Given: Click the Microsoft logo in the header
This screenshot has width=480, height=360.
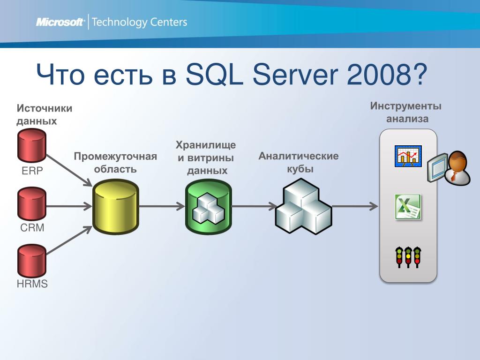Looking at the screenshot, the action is tap(60, 22).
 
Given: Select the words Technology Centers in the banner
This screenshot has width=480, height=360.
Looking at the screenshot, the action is tap(139, 22).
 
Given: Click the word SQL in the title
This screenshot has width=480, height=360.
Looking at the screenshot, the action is tap(214, 75).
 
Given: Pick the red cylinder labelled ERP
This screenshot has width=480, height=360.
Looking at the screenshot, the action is tap(32, 145).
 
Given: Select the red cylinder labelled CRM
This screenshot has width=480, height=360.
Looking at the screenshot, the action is tap(32, 203).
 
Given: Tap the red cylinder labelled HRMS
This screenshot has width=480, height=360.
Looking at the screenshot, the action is tap(32, 261).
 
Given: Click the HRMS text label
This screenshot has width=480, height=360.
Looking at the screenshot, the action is tap(32, 284).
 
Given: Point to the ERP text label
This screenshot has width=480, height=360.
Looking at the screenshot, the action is tap(32, 171).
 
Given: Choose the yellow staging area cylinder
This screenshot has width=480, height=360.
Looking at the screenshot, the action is tap(116, 207).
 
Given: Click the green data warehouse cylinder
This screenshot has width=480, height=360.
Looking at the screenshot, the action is tap(209, 207).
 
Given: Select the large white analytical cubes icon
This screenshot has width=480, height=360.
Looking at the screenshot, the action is tap(303, 206).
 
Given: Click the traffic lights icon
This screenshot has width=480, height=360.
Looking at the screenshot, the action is tap(408, 257).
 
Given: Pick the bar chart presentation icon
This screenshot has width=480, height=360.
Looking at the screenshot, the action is tap(408, 156).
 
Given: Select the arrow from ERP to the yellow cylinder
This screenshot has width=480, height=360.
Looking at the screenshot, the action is tap(69, 170).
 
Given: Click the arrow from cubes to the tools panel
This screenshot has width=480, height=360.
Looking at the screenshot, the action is tap(355, 206).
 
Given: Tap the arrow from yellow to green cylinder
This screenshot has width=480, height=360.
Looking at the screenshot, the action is tap(162, 206).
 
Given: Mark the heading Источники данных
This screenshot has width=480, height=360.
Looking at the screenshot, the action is tap(45, 114).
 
